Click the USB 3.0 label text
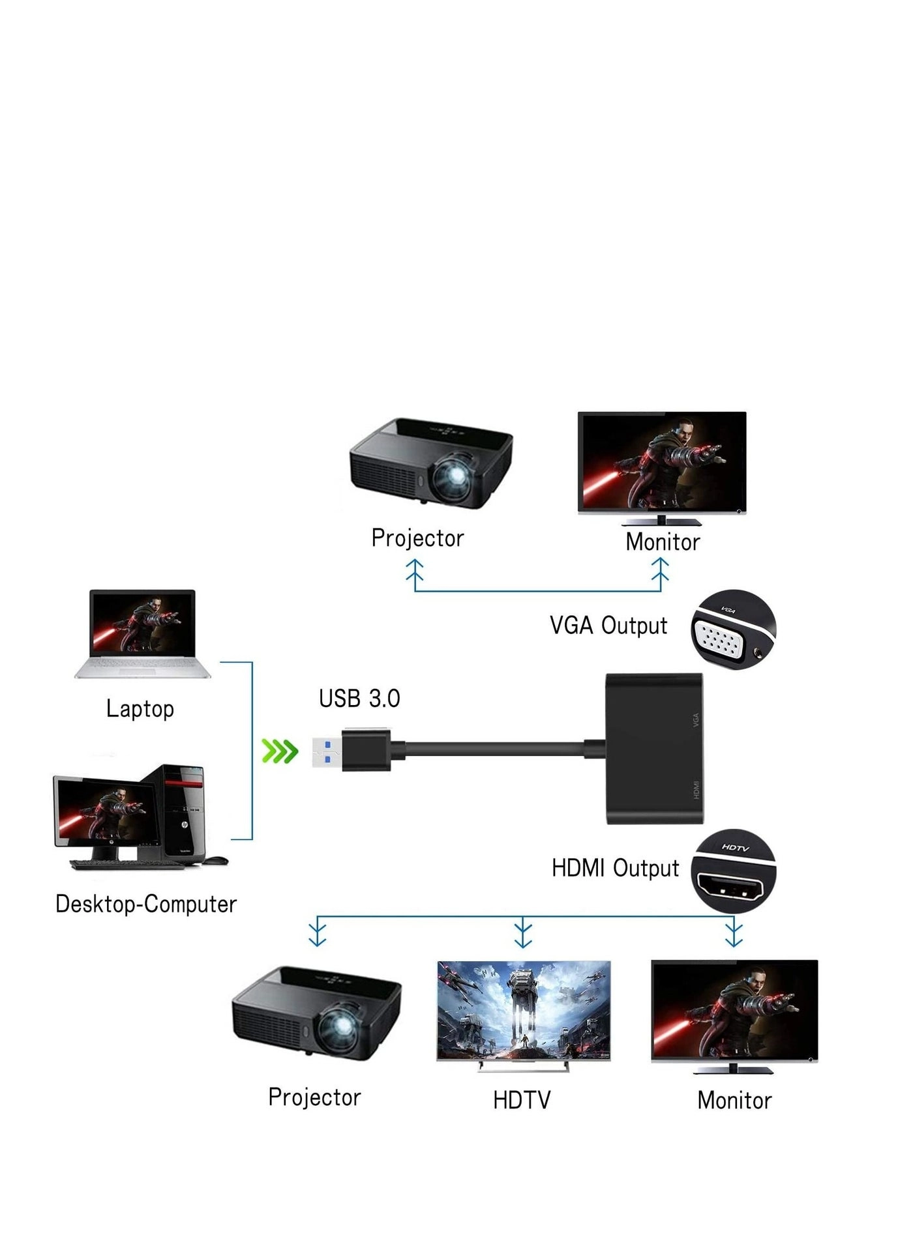click(359, 699)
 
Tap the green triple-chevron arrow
click(280, 751)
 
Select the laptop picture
click(143, 633)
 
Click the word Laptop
click(140, 709)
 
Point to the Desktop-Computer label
click(146, 904)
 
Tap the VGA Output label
click(608, 626)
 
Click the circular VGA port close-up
click(733, 631)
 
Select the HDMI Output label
click(615, 868)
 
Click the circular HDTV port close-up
click(734, 871)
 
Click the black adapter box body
click(654, 749)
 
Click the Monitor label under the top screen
click(663, 542)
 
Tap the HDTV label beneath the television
click(522, 1101)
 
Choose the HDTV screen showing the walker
click(524, 1011)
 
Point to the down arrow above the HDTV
click(523, 933)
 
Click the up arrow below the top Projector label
click(415, 572)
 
